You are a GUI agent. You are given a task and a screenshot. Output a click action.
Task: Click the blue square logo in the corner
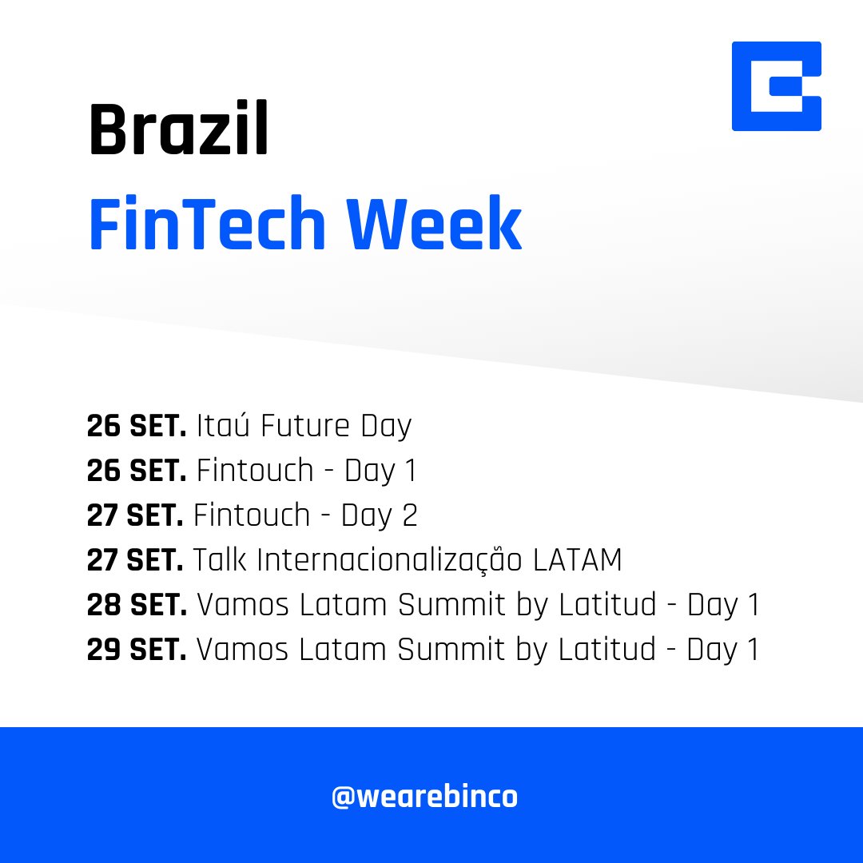click(776, 86)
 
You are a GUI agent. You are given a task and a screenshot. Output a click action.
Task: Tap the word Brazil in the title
click(178, 131)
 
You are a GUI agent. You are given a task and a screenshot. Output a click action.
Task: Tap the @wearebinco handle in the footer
click(424, 797)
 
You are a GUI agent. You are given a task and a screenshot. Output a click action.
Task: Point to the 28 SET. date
click(137, 606)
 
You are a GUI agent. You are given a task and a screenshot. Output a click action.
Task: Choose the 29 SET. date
click(137, 650)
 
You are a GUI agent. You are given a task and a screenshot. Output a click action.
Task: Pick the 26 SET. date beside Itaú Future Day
click(137, 427)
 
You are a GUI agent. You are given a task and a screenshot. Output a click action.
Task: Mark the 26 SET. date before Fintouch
click(137, 471)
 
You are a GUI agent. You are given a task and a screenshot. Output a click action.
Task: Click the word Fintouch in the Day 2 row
click(251, 516)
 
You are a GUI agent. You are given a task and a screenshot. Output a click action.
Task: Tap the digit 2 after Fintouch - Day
click(410, 516)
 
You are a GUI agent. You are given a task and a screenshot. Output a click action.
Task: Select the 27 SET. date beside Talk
click(135, 561)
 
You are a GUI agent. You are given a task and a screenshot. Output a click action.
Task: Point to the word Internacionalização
click(390, 561)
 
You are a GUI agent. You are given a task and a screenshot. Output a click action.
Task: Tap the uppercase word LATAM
click(577, 561)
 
